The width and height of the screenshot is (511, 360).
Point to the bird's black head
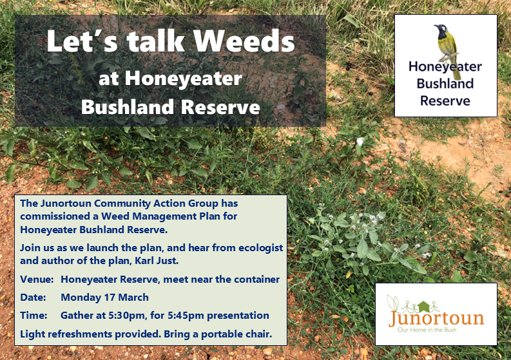[x=441, y=31]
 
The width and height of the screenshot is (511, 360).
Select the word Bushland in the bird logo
[x=445, y=84]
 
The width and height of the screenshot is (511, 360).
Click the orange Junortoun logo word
[x=436, y=318]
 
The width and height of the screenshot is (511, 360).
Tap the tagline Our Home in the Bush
[x=427, y=330]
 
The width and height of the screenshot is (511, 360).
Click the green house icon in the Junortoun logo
[x=423, y=307]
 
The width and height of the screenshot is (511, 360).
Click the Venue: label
[x=37, y=279]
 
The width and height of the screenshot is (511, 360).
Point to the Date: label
[x=33, y=297]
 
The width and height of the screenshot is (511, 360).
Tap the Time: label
[x=34, y=316]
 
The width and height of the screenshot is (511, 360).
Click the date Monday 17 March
[x=104, y=298]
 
